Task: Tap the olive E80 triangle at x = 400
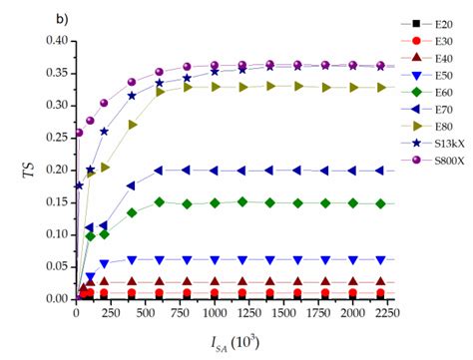[132, 125]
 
